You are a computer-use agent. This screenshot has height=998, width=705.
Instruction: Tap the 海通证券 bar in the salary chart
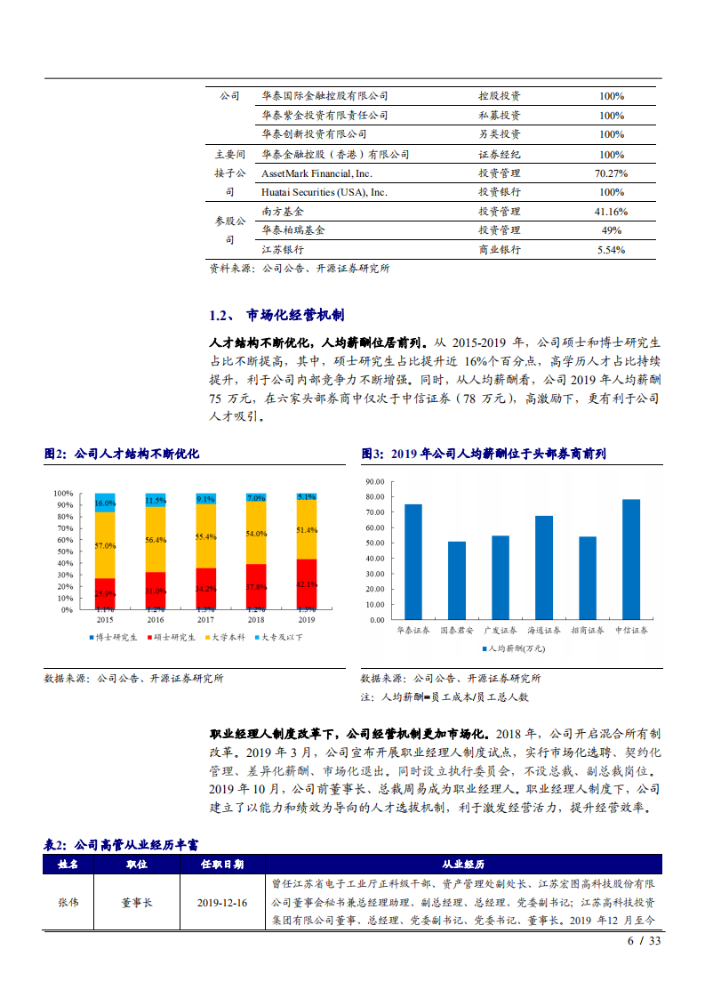[x=544, y=567]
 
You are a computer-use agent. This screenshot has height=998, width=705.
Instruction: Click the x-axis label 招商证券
[x=588, y=631]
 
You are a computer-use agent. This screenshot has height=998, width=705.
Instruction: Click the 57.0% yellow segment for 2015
[x=105, y=545]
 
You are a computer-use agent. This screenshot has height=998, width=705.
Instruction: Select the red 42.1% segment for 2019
[x=307, y=584]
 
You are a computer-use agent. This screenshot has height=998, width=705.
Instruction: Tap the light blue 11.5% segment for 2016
[x=156, y=500]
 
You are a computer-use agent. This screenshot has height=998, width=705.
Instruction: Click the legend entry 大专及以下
[x=279, y=637]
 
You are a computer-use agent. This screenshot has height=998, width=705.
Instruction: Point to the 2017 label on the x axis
[x=205, y=619]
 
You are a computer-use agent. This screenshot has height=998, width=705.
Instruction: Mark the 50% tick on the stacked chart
[x=63, y=551]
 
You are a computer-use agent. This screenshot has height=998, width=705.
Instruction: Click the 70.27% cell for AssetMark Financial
[x=611, y=173]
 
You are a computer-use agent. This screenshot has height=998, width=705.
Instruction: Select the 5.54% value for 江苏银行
[x=611, y=250]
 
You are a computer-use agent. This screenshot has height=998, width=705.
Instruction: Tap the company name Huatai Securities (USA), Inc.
[x=324, y=192]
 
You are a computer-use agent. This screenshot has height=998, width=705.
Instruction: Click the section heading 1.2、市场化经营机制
[x=276, y=316]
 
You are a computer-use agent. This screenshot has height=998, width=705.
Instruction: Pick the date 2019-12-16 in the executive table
[x=222, y=901]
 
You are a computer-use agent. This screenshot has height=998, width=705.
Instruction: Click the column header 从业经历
[x=463, y=864]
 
